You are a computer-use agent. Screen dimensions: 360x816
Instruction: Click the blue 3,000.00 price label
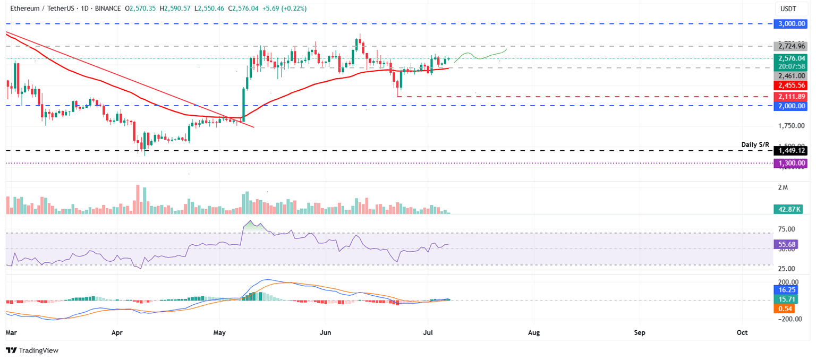coord(791,24)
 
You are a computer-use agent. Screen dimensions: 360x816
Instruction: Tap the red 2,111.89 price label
coord(791,97)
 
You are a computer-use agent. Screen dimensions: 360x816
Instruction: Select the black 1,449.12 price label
coord(791,151)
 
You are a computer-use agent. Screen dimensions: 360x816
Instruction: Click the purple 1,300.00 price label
coord(791,164)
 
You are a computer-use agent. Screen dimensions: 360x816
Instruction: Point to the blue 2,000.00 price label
coord(791,106)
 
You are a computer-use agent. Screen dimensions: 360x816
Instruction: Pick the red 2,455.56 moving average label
coord(791,85)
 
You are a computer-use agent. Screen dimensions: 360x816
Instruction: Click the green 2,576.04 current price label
coord(791,58)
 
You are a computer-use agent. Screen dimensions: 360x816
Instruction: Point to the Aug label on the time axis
coord(534,332)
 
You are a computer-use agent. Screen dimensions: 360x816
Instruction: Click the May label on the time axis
coord(219,332)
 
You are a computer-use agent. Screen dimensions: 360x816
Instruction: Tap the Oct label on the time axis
coord(742,332)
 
